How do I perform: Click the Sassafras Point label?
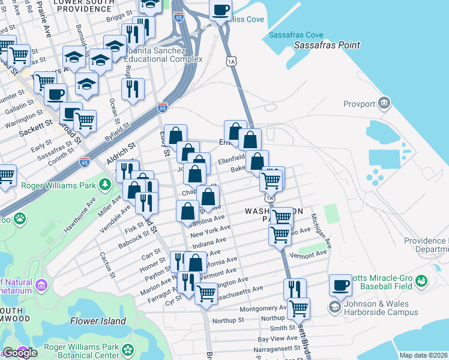tap(327, 45)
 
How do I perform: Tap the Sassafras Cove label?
tap(300, 35)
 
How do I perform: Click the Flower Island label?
tap(98, 321)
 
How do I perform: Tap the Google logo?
tap(20, 353)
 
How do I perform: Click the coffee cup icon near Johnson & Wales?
tap(341, 286)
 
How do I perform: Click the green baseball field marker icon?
tap(421, 280)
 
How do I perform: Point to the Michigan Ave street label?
tap(321, 235)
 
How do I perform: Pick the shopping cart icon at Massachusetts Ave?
tap(206, 293)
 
